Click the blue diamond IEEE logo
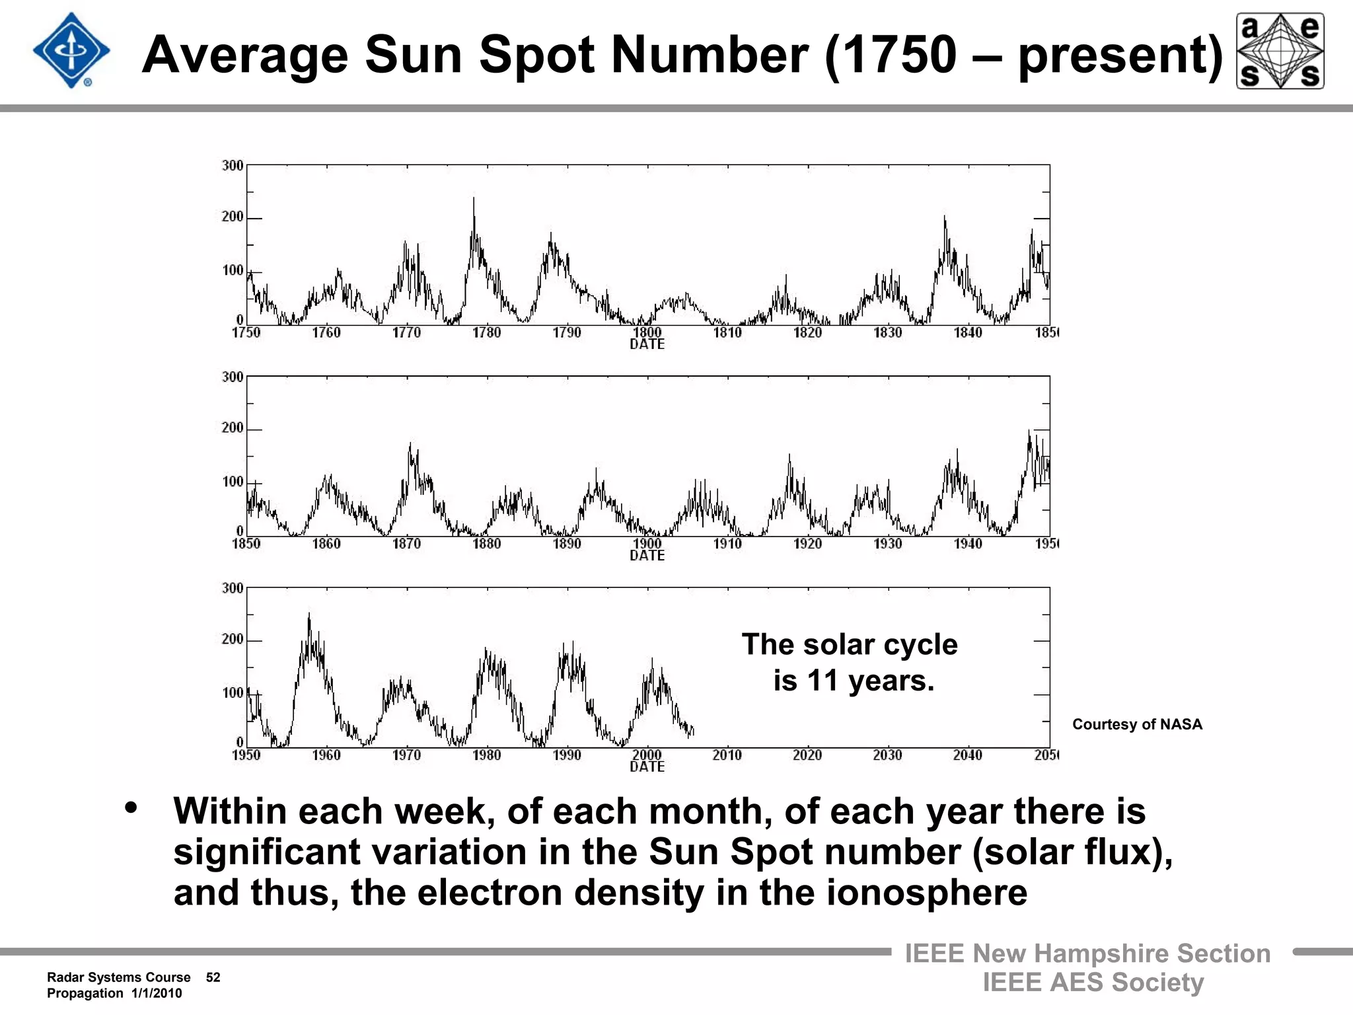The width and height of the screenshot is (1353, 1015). [71, 51]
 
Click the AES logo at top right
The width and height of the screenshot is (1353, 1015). [1280, 51]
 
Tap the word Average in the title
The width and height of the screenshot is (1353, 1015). [244, 55]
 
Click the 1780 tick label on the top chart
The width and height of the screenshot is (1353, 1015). [486, 332]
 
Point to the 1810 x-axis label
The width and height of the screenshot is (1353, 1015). [727, 332]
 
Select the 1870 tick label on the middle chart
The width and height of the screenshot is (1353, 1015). [406, 544]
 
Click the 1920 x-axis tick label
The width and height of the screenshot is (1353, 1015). [807, 544]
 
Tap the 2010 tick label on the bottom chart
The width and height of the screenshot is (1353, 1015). [727, 755]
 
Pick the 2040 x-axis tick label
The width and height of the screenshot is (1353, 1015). [967, 755]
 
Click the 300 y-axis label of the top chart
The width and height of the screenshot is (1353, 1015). [233, 165]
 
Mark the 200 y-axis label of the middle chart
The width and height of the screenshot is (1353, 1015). [233, 428]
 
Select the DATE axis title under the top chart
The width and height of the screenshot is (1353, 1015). [647, 344]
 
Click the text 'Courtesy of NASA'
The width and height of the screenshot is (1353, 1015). [1137, 724]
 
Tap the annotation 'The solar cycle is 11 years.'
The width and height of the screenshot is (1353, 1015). [850, 662]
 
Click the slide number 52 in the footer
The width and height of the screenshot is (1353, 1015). [213, 977]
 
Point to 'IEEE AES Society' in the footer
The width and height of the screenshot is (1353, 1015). [1093, 983]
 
